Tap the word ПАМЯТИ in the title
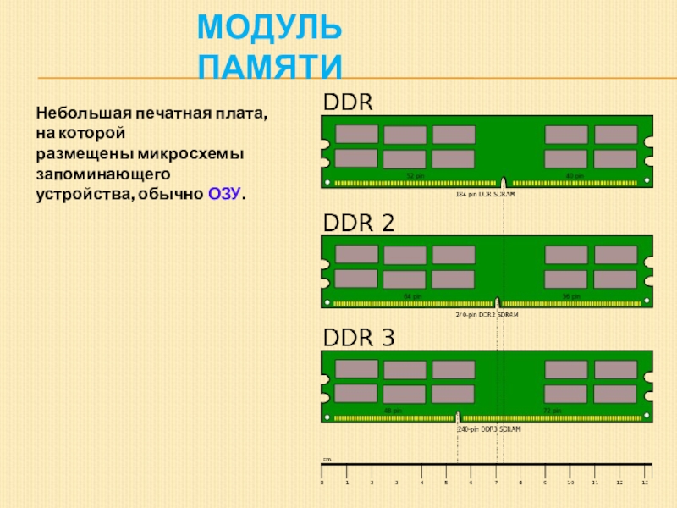tap(270, 66)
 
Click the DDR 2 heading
tap(360, 222)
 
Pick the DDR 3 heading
tap(360, 338)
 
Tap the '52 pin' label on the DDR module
tap(415, 175)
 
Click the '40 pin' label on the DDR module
tap(550, 175)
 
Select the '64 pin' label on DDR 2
tap(412, 295)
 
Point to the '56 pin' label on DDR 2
tap(571, 295)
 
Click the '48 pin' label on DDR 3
tap(393, 411)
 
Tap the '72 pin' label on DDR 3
tap(552, 411)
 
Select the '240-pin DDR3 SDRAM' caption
tap(488, 429)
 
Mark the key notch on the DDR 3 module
tap(458, 417)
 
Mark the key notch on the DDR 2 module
tap(498, 301)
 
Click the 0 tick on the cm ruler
tap(322, 483)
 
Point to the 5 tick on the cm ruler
tap(446, 483)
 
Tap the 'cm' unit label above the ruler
tap(327, 460)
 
